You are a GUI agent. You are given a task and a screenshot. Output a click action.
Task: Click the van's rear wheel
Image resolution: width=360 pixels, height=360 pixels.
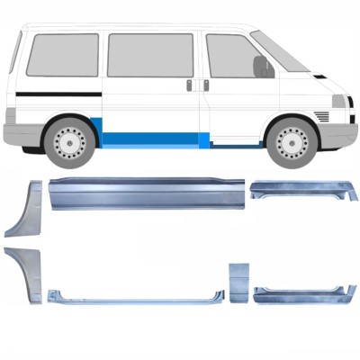click(x=69, y=141)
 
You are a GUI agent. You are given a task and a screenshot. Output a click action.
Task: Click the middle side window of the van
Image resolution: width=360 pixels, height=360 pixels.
click(x=148, y=55)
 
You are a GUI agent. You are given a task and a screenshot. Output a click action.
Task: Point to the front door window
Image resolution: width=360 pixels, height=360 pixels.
click(x=229, y=56)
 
